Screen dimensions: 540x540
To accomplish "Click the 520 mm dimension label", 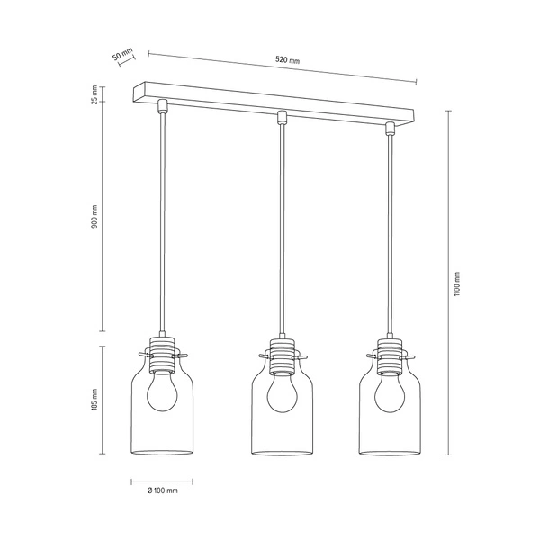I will [288, 61].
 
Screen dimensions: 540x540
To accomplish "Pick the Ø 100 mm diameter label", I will [161, 490].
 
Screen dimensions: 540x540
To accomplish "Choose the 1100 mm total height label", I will [456, 284].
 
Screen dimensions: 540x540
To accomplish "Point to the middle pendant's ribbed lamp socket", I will [281, 351].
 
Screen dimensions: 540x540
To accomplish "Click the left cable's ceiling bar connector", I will [162, 106].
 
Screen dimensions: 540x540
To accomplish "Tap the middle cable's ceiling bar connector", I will [281, 117].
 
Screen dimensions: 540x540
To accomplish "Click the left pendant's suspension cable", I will [162, 225].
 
